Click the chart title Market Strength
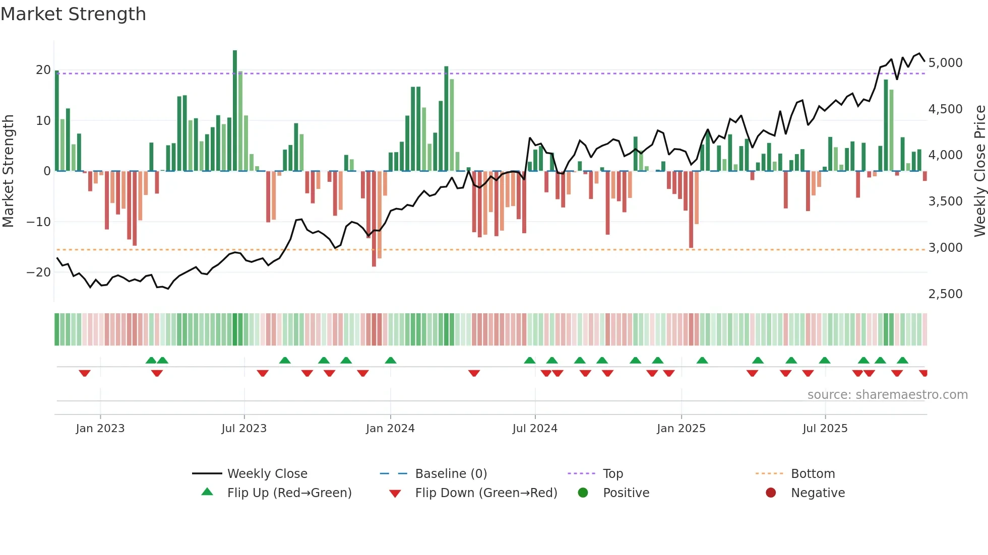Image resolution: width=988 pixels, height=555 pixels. click(x=73, y=14)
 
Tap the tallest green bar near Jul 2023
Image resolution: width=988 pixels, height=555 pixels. click(x=235, y=111)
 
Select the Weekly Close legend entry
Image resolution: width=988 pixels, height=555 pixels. click(x=267, y=473)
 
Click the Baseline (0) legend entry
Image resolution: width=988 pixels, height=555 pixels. click(x=451, y=473)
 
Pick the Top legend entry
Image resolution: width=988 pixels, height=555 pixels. click(x=612, y=473)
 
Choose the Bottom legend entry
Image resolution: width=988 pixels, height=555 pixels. click(x=813, y=473)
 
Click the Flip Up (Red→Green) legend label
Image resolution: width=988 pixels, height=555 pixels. click(x=289, y=493)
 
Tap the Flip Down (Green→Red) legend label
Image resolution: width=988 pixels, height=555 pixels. click(x=486, y=493)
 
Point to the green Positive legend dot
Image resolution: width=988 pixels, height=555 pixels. click(x=583, y=493)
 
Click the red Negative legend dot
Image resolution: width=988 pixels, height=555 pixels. click(x=771, y=493)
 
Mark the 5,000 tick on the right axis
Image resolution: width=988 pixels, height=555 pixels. click(x=945, y=63)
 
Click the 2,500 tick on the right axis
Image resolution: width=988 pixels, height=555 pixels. click(x=945, y=294)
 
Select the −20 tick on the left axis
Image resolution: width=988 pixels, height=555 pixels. click(x=39, y=272)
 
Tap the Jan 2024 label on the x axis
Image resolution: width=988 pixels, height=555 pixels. click(x=390, y=428)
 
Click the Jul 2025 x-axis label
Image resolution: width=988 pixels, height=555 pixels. click(x=825, y=428)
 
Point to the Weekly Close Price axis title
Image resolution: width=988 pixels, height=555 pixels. click(x=979, y=171)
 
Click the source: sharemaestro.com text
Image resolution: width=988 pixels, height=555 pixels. click(x=887, y=394)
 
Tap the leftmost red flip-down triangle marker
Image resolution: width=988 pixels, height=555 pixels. click(x=85, y=373)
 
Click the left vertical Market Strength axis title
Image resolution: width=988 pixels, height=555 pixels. click(x=8, y=171)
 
